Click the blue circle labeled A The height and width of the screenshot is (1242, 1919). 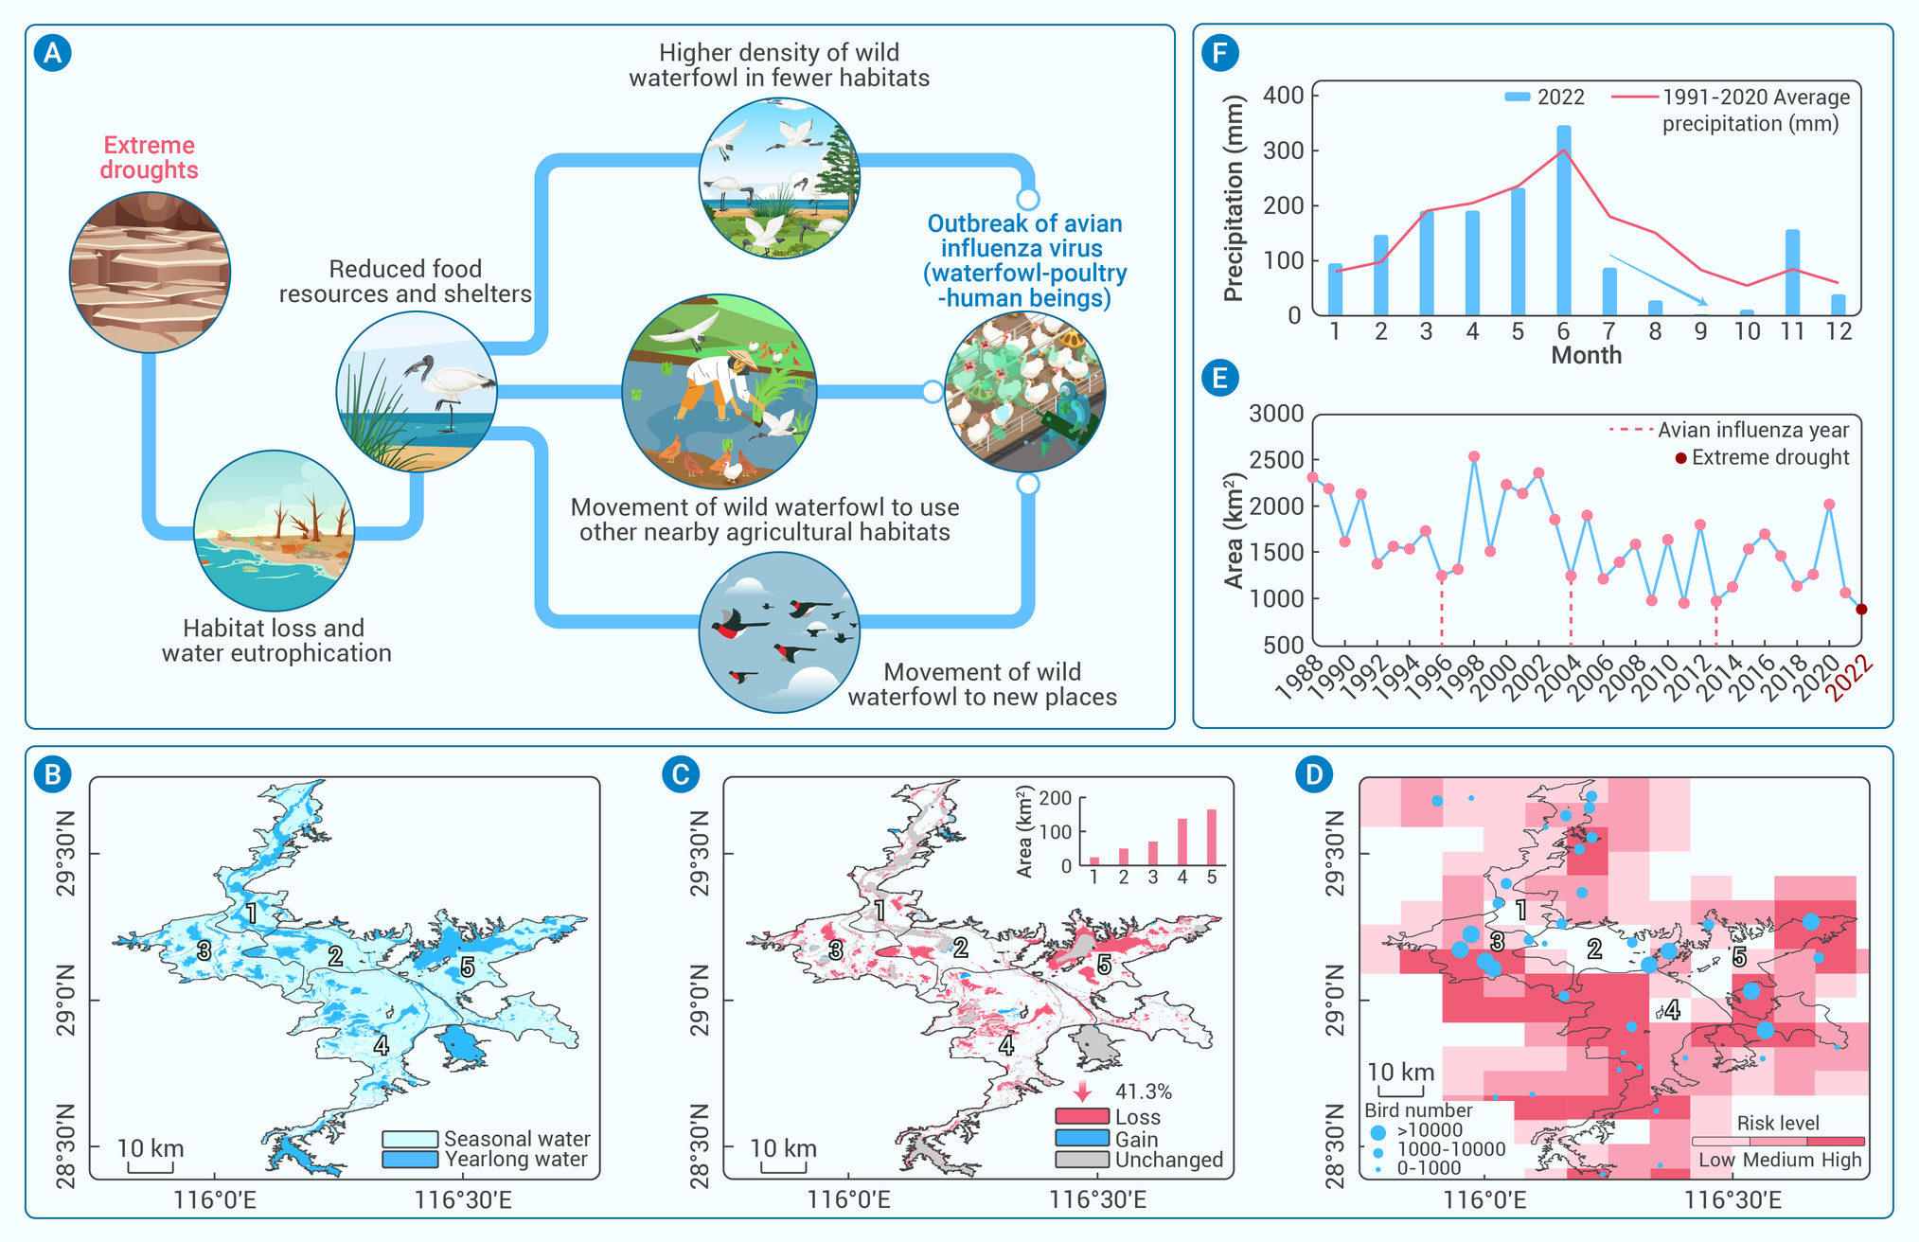(x=52, y=53)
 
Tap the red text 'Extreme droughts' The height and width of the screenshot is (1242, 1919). (x=150, y=157)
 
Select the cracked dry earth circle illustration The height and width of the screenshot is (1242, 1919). (x=150, y=273)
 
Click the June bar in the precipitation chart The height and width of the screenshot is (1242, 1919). (x=1564, y=220)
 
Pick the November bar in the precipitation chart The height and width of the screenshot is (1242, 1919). (x=1792, y=273)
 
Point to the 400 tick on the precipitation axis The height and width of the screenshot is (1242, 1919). (x=1284, y=95)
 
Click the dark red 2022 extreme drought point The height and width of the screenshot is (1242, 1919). (x=1861, y=610)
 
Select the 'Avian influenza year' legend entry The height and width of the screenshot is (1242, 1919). (x=1729, y=430)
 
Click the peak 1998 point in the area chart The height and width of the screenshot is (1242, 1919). (x=1474, y=457)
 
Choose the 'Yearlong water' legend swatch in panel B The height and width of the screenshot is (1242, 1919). (x=410, y=1160)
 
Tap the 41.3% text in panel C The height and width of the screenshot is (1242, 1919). (x=1144, y=1092)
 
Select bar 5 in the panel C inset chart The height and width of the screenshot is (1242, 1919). (x=1212, y=838)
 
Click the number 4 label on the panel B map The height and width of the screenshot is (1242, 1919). (x=381, y=1045)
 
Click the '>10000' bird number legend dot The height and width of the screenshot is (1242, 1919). (x=1378, y=1131)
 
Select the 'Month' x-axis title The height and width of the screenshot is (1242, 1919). (x=1587, y=355)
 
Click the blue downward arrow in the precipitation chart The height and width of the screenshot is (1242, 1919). (x=1659, y=280)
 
